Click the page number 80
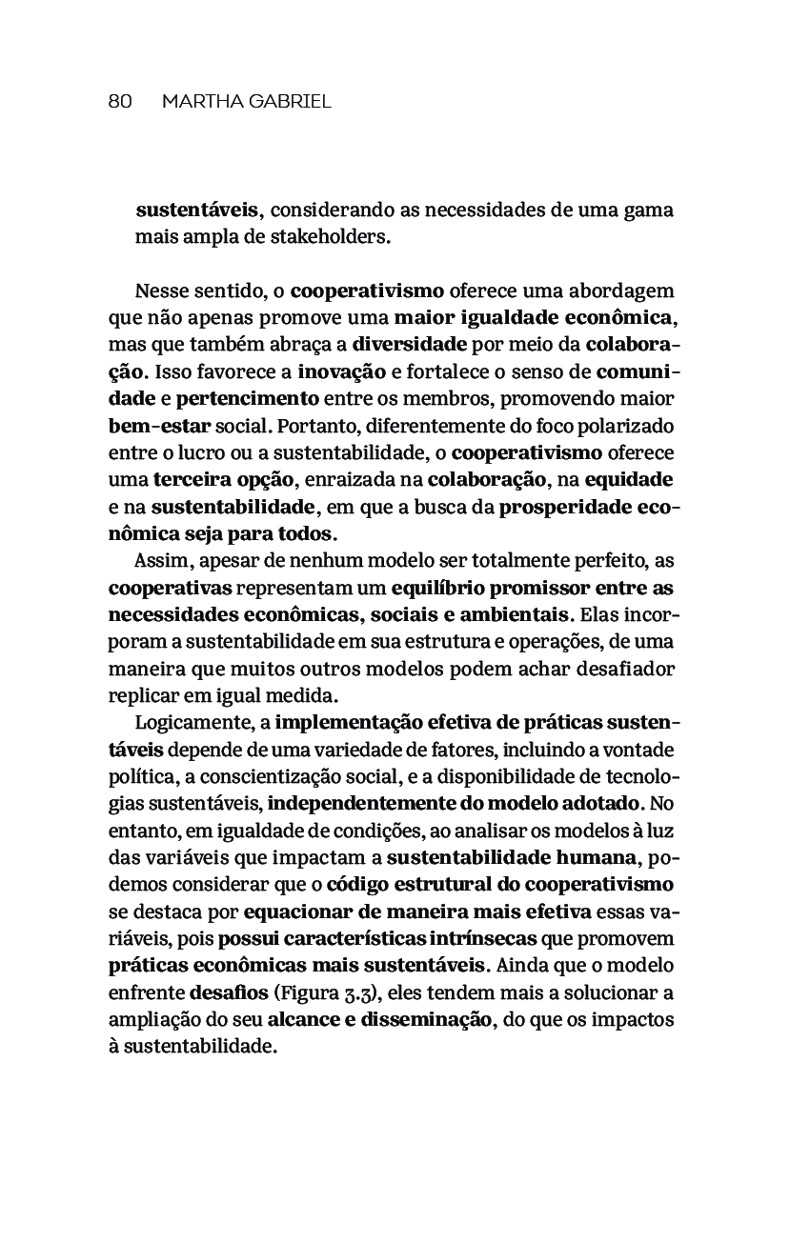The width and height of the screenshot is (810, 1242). click(119, 102)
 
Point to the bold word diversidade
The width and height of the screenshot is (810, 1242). click(409, 344)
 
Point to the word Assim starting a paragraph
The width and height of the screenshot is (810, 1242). click(163, 560)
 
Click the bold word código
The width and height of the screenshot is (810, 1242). click(357, 884)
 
